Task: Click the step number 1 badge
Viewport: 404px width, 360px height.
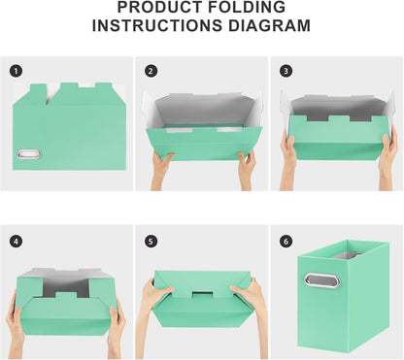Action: tap(16, 71)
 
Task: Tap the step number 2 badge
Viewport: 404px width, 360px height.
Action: tap(151, 71)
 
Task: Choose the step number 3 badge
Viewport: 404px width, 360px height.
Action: tap(286, 71)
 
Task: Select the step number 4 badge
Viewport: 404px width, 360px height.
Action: tap(16, 240)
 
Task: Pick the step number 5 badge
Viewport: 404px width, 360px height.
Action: tap(151, 240)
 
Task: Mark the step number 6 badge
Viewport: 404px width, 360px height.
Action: tap(286, 240)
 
